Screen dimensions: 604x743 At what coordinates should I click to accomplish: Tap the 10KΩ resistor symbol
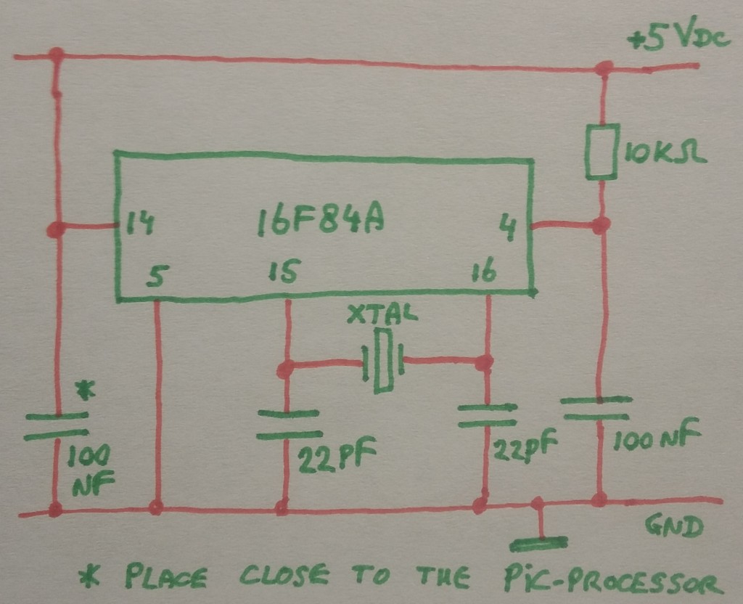coord(602,151)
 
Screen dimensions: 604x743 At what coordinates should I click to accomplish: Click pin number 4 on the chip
coord(510,226)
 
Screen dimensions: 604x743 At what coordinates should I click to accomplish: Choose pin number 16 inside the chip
coord(483,273)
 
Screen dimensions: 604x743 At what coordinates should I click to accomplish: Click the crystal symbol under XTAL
coord(383,360)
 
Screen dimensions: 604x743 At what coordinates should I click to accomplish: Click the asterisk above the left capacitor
coord(86,393)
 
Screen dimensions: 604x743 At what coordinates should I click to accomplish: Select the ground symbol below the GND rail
coord(538,542)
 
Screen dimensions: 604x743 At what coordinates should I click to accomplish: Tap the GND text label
coord(676,528)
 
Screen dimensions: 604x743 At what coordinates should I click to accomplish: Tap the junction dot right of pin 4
coord(599,226)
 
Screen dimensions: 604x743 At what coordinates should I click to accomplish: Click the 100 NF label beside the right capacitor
coord(657,438)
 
